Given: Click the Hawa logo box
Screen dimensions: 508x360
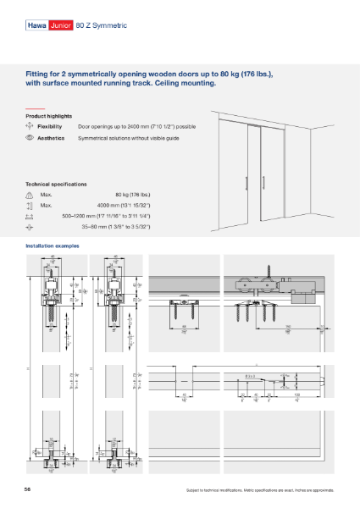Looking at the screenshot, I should click(x=36, y=26).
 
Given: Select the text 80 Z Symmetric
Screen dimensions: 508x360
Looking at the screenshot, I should click(x=101, y=26).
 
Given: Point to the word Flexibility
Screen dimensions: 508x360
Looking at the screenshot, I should click(x=51, y=125).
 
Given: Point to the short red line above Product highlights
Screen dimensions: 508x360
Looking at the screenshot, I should click(x=34, y=108).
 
